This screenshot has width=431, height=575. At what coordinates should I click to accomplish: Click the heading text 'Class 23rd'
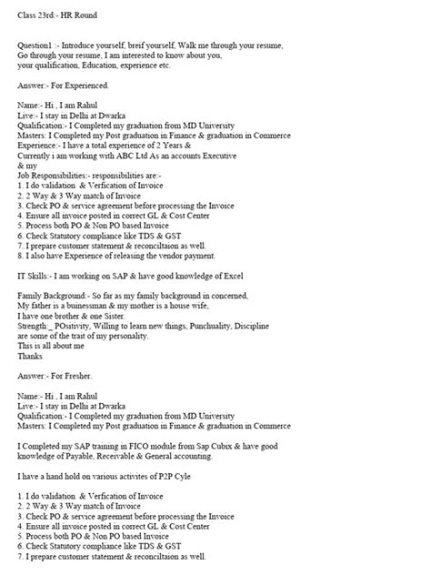35,15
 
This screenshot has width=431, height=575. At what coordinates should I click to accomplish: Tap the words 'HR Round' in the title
79,15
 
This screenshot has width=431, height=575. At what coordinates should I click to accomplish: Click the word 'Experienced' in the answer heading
86,85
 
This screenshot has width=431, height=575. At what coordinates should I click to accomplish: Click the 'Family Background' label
53,296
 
